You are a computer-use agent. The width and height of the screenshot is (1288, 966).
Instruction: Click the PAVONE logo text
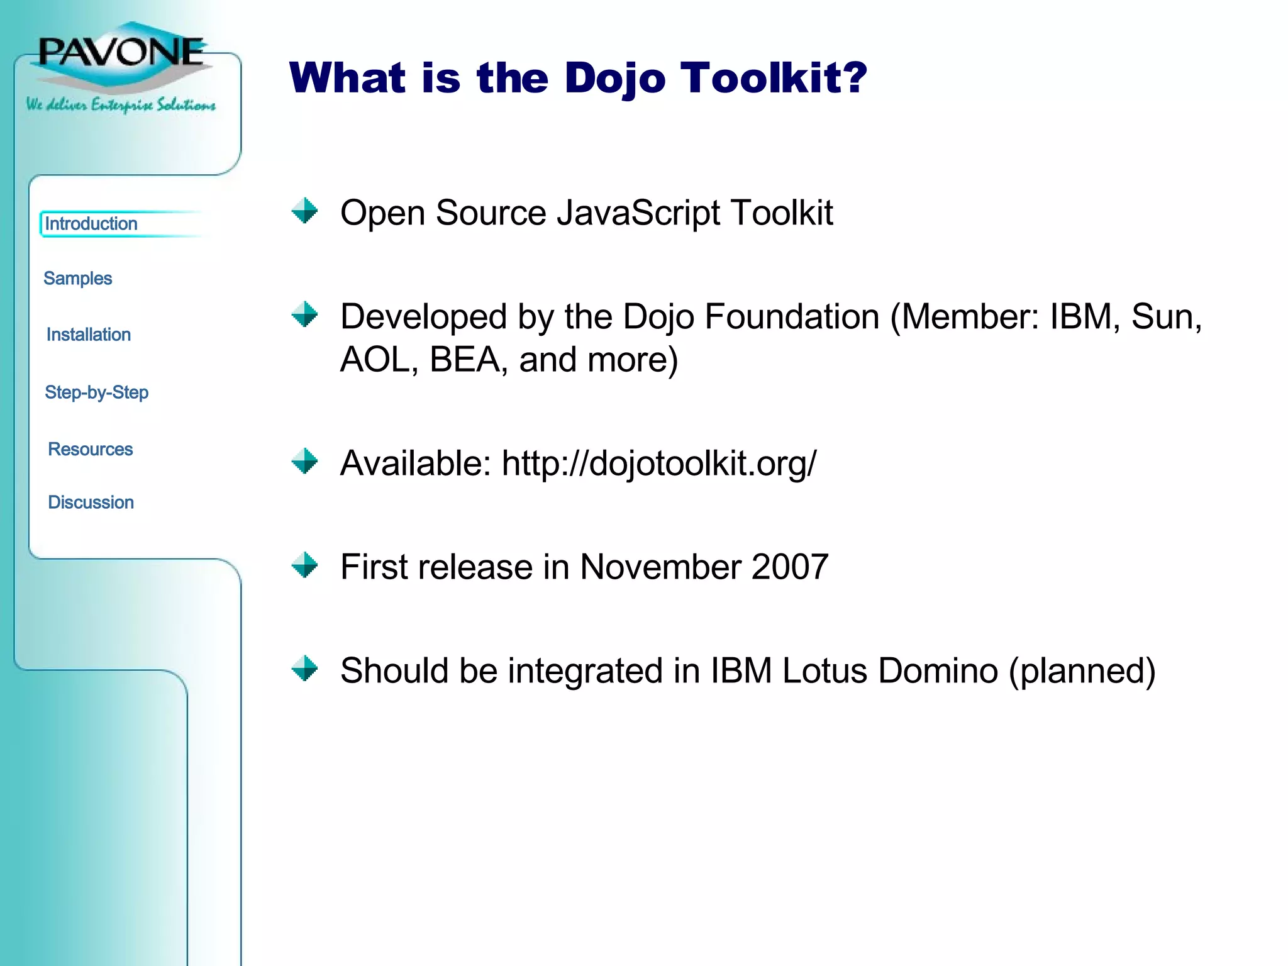tap(121, 52)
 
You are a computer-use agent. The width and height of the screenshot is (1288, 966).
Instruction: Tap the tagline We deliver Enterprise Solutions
tap(121, 104)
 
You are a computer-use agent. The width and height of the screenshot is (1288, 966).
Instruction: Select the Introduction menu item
tap(91, 224)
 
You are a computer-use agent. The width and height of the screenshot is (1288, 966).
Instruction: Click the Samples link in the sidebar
tap(77, 279)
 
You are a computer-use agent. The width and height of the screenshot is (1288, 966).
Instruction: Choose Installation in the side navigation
tap(89, 335)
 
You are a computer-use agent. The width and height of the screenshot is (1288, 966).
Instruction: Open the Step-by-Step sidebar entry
tap(97, 392)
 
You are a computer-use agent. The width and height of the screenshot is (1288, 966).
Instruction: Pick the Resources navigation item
tap(91, 449)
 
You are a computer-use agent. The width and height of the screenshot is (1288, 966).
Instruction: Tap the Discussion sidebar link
tap(91, 502)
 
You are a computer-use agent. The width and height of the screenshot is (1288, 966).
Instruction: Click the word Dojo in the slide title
tap(614, 79)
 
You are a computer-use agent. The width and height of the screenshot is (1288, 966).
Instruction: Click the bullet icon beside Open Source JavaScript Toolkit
tap(305, 211)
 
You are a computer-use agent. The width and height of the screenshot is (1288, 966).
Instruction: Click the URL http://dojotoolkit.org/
tap(658, 464)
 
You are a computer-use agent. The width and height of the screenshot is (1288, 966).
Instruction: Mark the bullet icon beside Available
tap(305, 461)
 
